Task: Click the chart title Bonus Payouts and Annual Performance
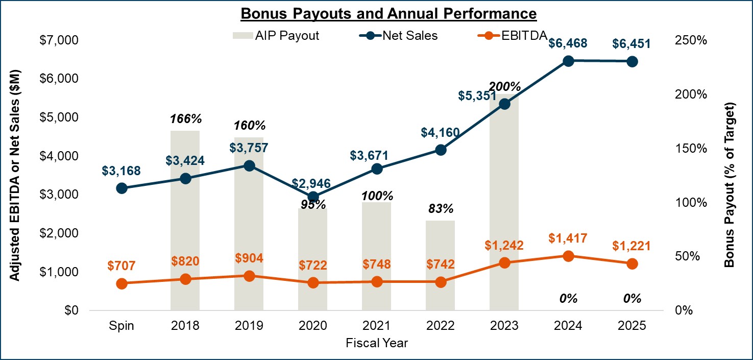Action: tap(388, 13)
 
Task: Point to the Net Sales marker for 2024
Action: tap(569, 61)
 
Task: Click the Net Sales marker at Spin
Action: tap(122, 188)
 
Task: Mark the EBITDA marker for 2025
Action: tap(632, 263)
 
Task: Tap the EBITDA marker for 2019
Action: tap(249, 276)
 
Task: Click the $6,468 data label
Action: tap(568, 43)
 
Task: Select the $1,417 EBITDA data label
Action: tap(568, 238)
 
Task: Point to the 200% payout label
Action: tap(505, 86)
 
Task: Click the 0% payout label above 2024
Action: tap(568, 299)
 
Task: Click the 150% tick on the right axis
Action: tap(692, 149)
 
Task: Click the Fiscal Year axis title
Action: tap(377, 343)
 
